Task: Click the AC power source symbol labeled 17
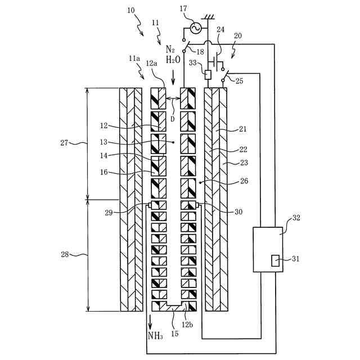click(196, 28)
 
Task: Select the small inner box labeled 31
click(275, 260)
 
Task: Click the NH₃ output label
click(155, 336)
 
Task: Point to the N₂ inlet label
click(172, 49)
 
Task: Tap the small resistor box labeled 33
click(207, 74)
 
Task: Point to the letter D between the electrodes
click(172, 119)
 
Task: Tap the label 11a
click(134, 58)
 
